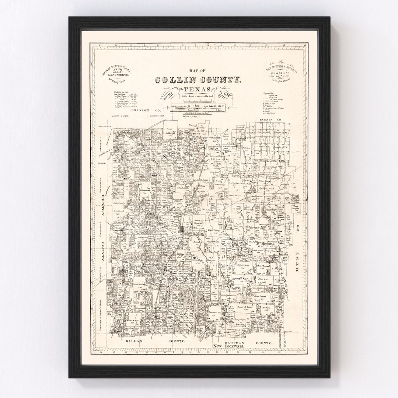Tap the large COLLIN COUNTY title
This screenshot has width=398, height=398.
199,80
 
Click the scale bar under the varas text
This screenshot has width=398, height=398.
199,101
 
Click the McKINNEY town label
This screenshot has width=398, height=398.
188,228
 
